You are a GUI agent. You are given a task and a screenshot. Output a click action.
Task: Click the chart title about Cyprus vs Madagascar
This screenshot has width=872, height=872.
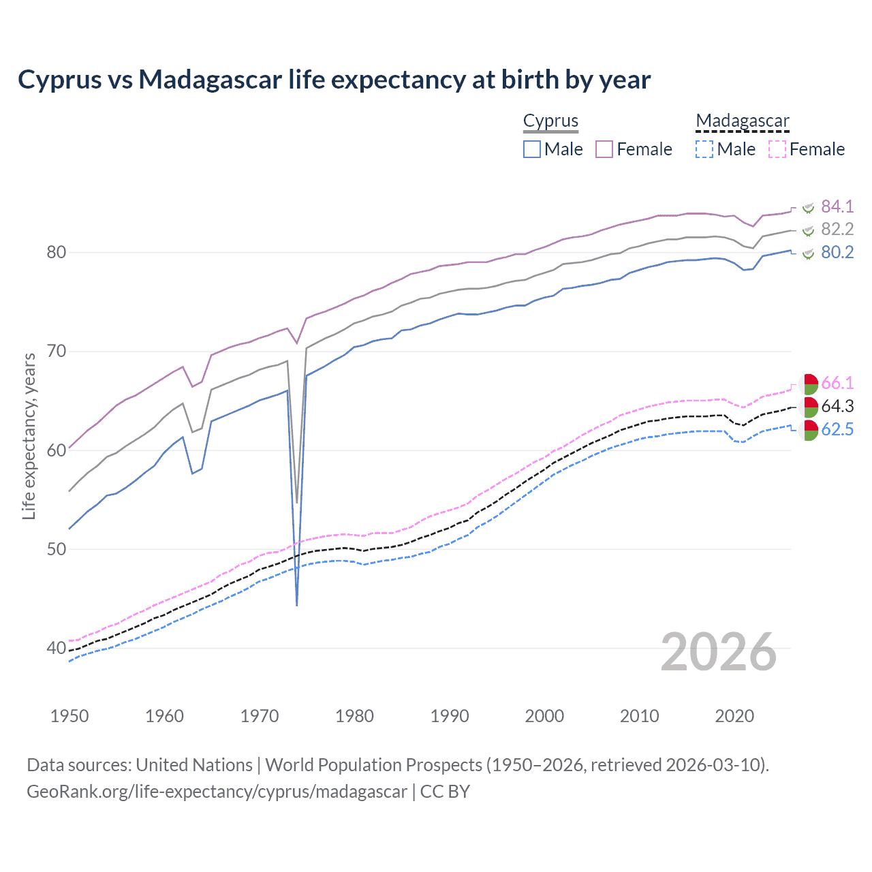coord(334,80)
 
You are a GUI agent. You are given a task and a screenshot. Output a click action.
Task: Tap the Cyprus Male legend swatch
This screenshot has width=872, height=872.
coord(532,149)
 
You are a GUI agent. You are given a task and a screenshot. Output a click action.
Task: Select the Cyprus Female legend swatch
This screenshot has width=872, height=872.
coord(604,149)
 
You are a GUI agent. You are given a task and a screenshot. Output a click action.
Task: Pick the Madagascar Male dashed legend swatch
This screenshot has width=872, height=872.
coord(704,149)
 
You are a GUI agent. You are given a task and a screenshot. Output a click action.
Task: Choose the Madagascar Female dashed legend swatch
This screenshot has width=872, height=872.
coord(777,149)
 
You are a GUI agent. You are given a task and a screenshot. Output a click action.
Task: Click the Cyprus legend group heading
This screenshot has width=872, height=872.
coord(550,121)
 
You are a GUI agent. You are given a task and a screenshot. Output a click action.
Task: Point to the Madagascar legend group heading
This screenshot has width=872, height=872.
coord(742,121)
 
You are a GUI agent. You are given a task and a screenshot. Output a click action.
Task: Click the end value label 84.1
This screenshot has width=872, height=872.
coord(837,206)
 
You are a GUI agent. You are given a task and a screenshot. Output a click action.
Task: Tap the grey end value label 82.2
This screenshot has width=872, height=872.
coord(837,230)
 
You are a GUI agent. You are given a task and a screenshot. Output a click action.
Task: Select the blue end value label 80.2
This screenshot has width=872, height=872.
coord(837,253)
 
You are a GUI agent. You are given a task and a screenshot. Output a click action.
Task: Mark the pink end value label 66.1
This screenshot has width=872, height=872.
coord(837,383)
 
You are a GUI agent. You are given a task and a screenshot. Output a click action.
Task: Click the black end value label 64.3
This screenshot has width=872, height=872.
coord(837,406)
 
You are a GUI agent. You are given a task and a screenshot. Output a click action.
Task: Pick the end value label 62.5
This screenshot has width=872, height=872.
coord(837,429)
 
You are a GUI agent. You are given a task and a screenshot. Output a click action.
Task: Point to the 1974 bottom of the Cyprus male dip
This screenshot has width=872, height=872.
coord(297,604)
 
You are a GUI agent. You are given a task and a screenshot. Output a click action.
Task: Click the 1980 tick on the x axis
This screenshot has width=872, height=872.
coord(354,716)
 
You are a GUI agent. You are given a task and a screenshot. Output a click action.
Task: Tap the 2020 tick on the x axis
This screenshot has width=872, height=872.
coord(734,716)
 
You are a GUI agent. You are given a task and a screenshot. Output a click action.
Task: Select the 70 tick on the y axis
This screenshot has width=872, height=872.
coord(56,352)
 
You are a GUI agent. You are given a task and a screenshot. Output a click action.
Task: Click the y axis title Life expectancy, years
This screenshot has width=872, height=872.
coord(29,437)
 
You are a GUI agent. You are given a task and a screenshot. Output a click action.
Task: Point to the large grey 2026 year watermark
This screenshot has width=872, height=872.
coord(718,653)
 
